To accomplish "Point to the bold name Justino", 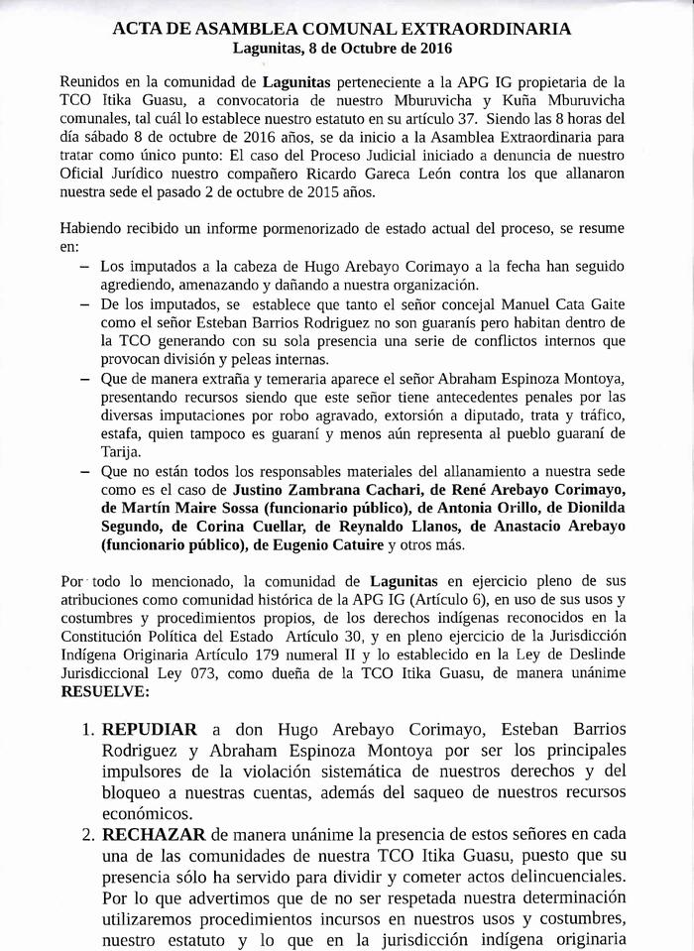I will pyautogui.click(x=260, y=490).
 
